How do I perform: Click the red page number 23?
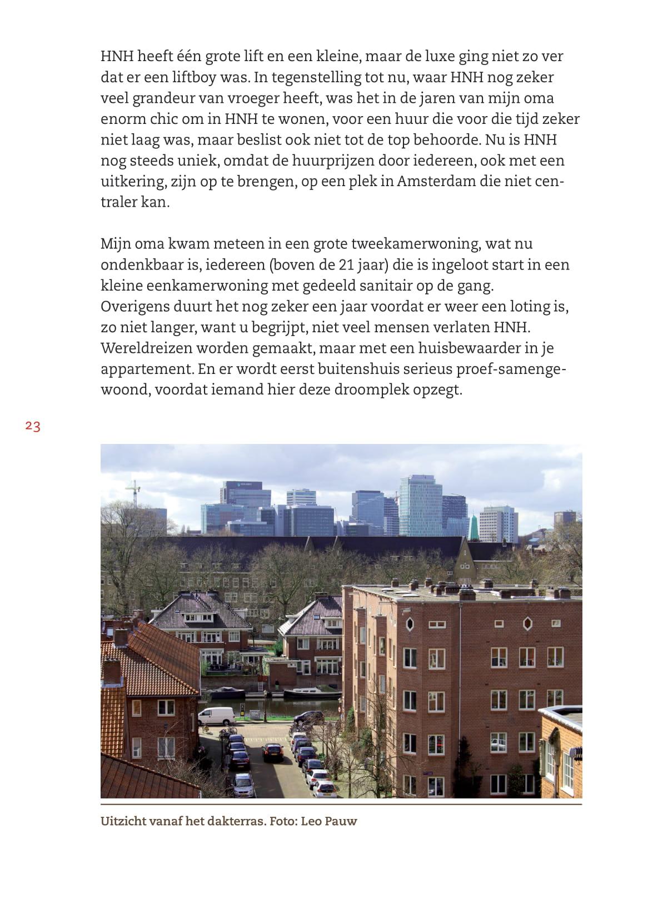[33, 426]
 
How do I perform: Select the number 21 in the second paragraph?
[346, 264]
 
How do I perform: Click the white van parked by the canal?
[217, 716]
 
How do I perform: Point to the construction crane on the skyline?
[132, 492]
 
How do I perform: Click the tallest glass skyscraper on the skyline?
[420, 506]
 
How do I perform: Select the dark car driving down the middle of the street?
[272, 752]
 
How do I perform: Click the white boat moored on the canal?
[312, 693]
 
